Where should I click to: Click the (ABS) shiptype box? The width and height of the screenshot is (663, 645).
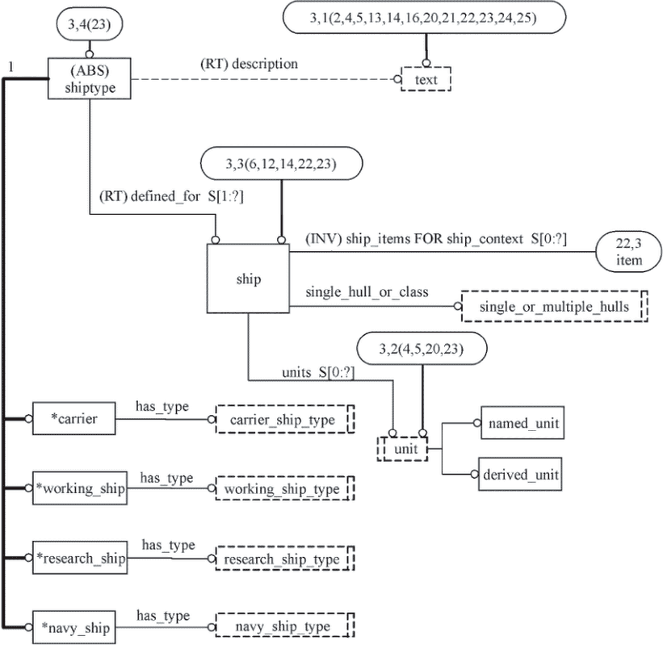(87, 78)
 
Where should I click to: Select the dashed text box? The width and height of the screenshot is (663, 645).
(426, 80)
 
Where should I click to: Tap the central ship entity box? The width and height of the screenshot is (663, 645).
(248, 279)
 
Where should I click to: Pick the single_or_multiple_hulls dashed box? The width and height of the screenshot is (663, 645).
(554, 307)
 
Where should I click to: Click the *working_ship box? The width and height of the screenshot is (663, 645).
(79, 488)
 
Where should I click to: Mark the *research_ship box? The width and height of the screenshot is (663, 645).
(79, 558)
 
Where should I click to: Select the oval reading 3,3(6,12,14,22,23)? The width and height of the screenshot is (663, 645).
(280, 164)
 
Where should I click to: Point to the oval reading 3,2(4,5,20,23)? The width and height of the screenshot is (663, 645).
(421, 349)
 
